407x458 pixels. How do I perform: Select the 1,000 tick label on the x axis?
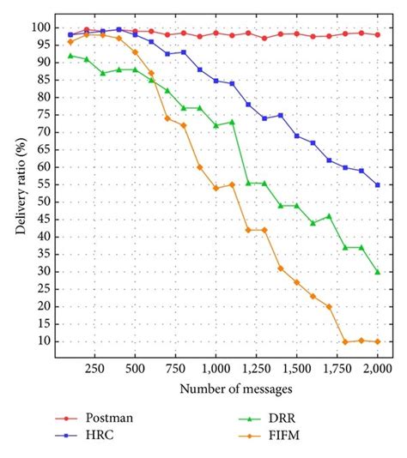click(216, 367)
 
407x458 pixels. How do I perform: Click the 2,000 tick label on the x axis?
click(377, 367)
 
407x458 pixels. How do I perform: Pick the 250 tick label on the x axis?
click(94, 367)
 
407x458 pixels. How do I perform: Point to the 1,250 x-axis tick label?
click(256, 367)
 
